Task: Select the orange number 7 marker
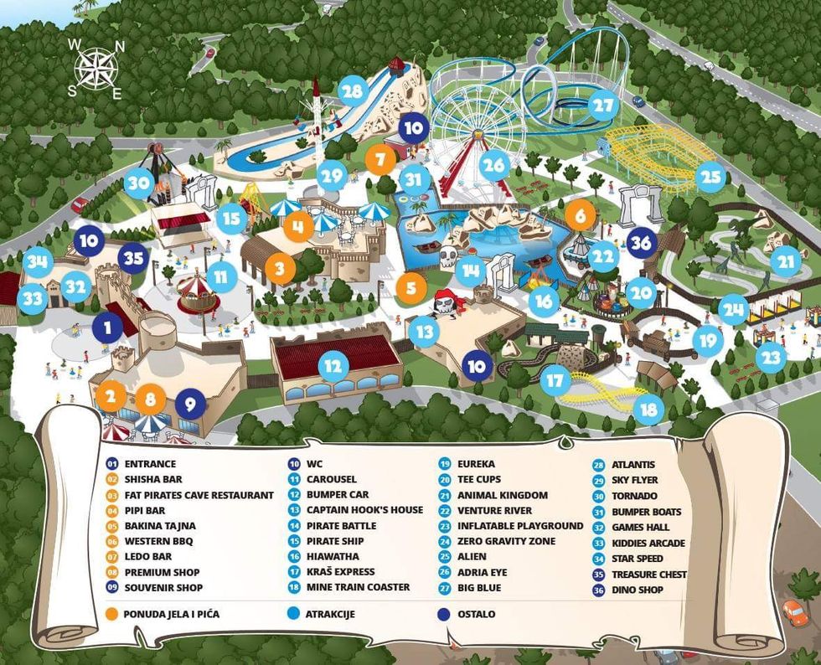click(380, 157)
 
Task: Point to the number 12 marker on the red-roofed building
click(333, 366)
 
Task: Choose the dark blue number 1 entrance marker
click(108, 327)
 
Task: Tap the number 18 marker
click(648, 410)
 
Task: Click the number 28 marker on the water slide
click(353, 91)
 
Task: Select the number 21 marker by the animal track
click(785, 260)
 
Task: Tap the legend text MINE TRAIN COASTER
click(346, 587)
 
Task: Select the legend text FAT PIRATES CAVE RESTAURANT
click(199, 495)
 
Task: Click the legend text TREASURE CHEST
click(648, 575)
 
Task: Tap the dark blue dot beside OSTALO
click(442, 614)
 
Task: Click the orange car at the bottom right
click(793, 612)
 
